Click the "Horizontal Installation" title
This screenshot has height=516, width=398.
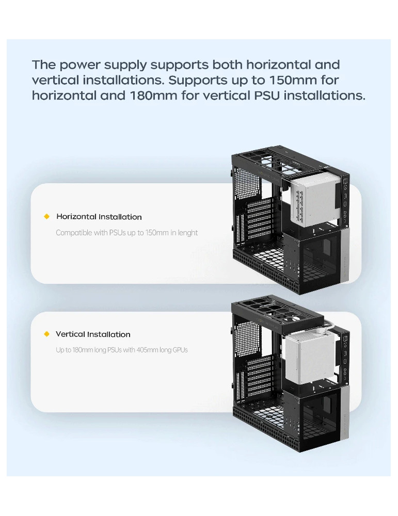(x=99, y=217)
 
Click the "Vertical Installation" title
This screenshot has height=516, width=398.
(x=93, y=334)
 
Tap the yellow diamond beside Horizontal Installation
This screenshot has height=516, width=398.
(x=47, y=216)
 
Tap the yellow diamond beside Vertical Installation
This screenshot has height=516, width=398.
(x=47, y=334)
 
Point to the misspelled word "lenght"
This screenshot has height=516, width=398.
(x=187, y=233)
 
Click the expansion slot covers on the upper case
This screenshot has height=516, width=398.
(x=260, y=219)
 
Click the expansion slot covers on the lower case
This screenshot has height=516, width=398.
(x=260, y=377)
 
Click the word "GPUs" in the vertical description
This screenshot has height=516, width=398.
(x=180, y=350)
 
